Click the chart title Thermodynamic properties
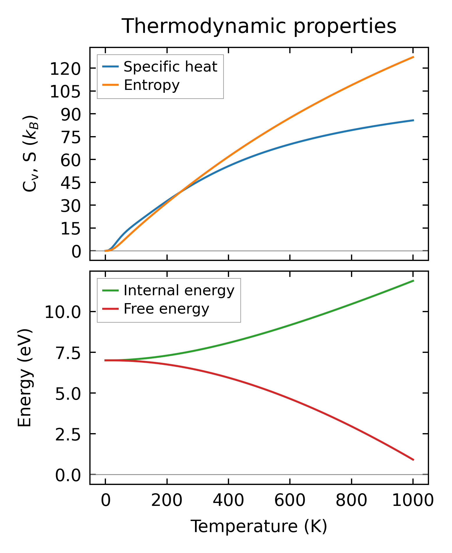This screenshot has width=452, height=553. pyautogui.click(x=259, y=26)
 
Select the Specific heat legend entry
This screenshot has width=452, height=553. pyautogui.click(x=170, y=67)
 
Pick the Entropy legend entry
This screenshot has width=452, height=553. pyautogui.click(x=152, y=85)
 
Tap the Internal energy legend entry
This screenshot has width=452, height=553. pyautogui.click(x=179, y=290)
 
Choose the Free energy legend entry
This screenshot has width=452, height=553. pyautogui.click(x=166, y=309)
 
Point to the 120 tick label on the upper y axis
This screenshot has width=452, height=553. pyautogui.click(x=65, y=70)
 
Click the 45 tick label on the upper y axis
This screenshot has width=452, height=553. pyautogui.click(x=70, y=184)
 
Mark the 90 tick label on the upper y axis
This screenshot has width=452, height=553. pyautogui.click(x=70, y=115)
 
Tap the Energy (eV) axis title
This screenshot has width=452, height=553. pyautogui.click(x=24, y=378)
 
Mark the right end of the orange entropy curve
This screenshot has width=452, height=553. pyautogui.click(x=413, y=57)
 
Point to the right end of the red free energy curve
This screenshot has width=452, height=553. pyautogui.click(x=413, y=460)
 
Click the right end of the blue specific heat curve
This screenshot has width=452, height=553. pyautogui.click(x=413, y=120)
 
